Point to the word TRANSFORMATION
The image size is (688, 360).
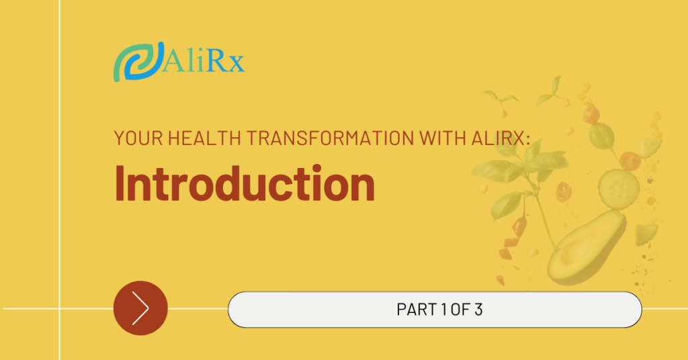coord(330,138)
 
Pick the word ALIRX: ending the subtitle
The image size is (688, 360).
coord(501,138)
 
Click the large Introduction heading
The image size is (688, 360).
coord(245,183)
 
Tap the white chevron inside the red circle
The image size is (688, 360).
coord(140,308)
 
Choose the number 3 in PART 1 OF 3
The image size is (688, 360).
coord(478,310)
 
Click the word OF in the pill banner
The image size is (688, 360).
coord(460,310)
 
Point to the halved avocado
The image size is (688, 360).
coord(586,248)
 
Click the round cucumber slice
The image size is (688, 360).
coord(619,189)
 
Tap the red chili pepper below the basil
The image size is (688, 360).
coord(519,226)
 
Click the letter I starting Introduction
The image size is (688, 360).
coord(119,183)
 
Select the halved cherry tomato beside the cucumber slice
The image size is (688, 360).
coord(630,161)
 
